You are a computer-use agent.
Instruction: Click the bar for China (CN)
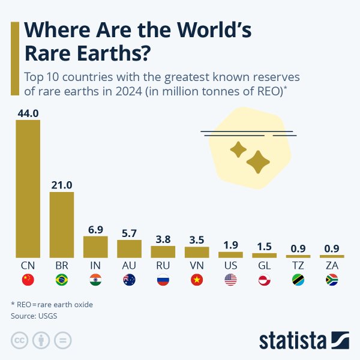28,189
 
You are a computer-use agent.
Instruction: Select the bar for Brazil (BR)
61,225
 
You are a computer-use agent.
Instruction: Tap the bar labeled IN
95,247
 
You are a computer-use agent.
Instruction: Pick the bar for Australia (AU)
129,248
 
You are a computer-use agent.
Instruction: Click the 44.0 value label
28,113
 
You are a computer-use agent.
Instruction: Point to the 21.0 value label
61,185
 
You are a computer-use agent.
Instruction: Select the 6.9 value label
95,230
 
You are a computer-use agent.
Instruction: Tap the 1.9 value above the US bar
230,245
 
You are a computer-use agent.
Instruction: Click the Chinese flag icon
28,280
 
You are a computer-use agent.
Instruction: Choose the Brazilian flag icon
61,280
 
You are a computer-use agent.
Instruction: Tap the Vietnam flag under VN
197,280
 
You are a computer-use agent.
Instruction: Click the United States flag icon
230,280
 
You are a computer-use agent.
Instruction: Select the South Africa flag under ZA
332,280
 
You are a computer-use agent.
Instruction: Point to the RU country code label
163,265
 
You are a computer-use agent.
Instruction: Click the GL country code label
264,265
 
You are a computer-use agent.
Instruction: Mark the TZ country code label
298,265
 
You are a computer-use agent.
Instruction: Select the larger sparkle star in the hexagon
258,161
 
